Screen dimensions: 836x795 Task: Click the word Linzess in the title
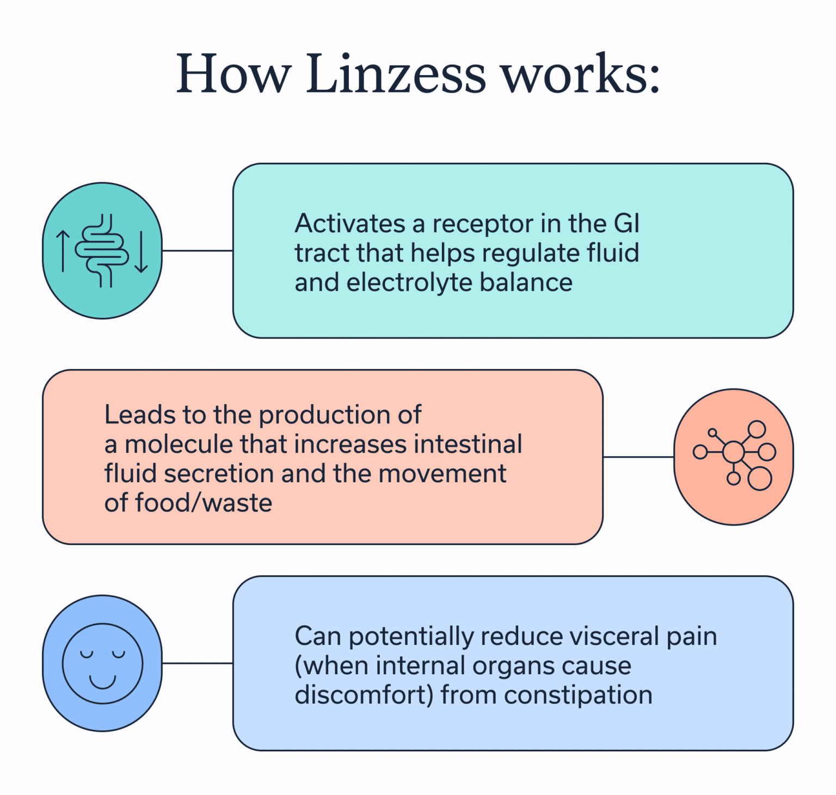coord(396,74)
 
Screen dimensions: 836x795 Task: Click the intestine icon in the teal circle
coord(102,250)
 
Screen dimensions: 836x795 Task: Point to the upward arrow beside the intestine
coord(63,251)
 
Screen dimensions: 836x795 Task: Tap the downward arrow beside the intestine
coord(141,251)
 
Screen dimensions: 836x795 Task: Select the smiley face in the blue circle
coord(102,663)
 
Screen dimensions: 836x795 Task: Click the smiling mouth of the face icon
coord(102,681)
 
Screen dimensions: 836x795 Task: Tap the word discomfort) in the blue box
coord(364,695)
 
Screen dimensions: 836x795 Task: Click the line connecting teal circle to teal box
coord(198,251)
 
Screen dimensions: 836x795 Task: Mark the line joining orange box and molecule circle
coord(638,457)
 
